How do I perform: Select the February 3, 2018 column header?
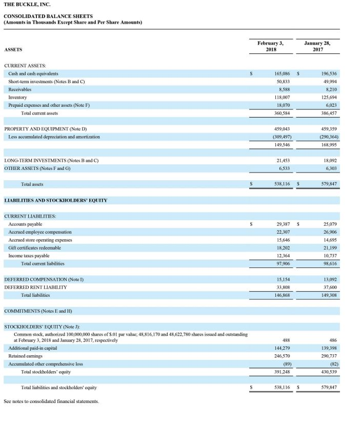point(271,46)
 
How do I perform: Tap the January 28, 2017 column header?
point(317,46)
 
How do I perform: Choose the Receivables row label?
point(20,89)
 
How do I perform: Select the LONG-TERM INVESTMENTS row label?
point(51,161)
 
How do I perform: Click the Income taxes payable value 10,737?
point(329,256)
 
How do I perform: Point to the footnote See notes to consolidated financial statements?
point(51,401)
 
